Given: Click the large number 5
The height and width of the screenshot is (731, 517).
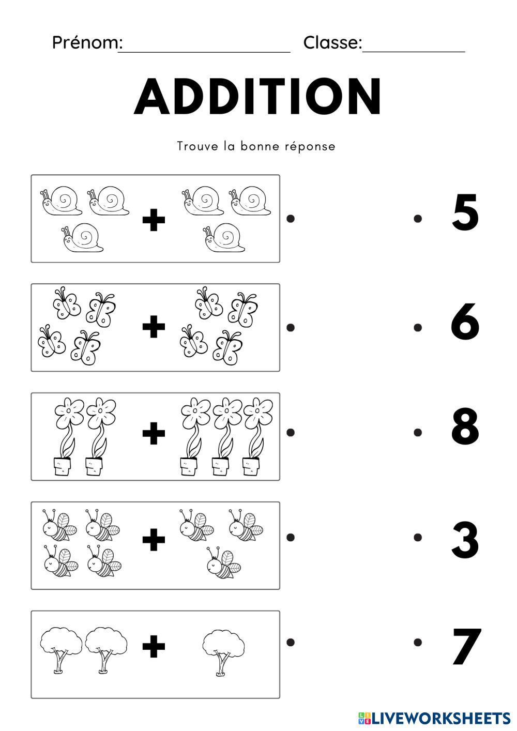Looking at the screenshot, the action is coord(465,212).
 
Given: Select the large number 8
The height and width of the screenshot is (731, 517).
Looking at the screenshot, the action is coord(465,426).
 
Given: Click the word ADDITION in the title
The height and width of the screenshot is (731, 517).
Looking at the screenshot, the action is coord(257,96).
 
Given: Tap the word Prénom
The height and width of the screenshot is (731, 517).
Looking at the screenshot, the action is coord(87,42).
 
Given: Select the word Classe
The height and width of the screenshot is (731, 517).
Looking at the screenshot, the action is coord(332,42).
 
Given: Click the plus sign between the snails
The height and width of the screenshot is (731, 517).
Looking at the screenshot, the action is coord(154,219).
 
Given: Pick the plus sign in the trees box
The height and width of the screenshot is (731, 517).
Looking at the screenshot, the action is coord(154,646).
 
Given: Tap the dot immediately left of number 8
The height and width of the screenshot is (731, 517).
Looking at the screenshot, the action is coord(418,432).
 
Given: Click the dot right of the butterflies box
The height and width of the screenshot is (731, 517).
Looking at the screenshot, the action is coord(291,327).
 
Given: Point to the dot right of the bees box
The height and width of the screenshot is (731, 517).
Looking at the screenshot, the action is coord(291,537).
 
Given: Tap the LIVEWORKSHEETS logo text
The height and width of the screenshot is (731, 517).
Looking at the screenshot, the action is coord(434,719).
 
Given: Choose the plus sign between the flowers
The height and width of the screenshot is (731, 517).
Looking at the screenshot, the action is coord(154,433).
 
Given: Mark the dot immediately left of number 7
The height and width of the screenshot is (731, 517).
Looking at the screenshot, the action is coord(418,642).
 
